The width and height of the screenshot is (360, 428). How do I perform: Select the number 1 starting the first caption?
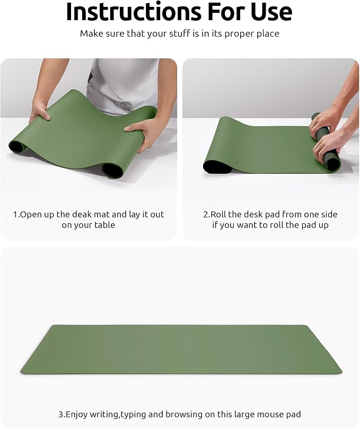coord(15,214)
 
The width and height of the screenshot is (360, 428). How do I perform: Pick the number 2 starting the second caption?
coord(206,214)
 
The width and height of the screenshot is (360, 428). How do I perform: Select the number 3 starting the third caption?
coord(60,414)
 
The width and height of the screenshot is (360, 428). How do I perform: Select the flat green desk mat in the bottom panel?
coord(180,349)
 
